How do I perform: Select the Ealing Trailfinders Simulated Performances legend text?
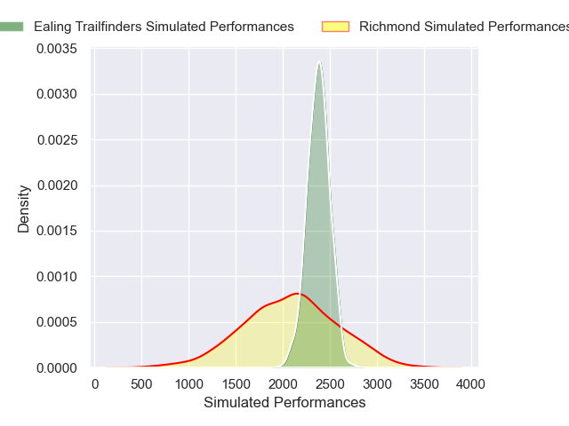pyautogui.click(x=164, y=27)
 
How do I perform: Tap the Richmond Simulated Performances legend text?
pyautogui.click(x=462, y=27)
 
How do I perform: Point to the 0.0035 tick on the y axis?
pyautogui.click(x=56, y=49)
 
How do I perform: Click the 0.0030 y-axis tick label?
pyautogui.click(x=56, y=94)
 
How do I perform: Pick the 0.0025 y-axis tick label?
pyautogui.click(x=56, y=140)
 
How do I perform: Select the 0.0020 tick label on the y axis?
pyautogui.click(x=56, y=185)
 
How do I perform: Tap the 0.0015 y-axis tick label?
pyautogui.click(x=56, y=231)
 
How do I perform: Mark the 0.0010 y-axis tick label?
pyautogui.click(x=56, y=277)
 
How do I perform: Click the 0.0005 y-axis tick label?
pyautogui.click(x=56, y=322)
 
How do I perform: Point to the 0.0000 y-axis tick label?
pyautogui.click(x=56, y=367)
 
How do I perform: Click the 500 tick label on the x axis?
pyautogui.click(x=141, y=384)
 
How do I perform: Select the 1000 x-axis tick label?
pyautogui.click(x=188, y=384)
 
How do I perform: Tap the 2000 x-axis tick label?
pyautogui.click(x=283, y=384)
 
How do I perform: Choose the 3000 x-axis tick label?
pyautogui.click(x=377, y=384)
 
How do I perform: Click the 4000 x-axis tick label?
pyautogui.click(x=470, y=384)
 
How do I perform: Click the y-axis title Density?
pyautogui.click(x=24, y=209)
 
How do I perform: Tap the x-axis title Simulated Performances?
pyautogui.click(x=284, y=403)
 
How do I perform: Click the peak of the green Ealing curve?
pyautogui.click(x=318, y=62)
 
